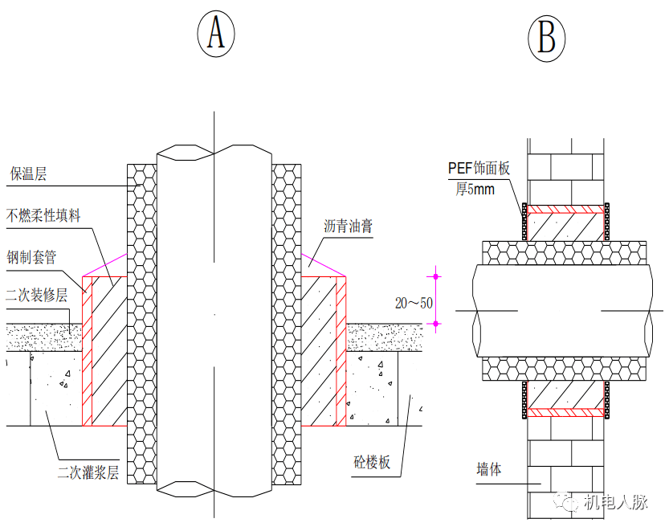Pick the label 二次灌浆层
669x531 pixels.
coord(88,472)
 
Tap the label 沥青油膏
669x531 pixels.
coord(349,227)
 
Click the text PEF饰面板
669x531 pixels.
coord(479,168)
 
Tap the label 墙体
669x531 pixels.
coord(488,469)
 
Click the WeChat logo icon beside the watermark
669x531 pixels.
coord(571,503)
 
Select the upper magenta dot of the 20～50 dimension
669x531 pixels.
coord(437,276)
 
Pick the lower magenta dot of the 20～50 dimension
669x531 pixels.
coord(437,325)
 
